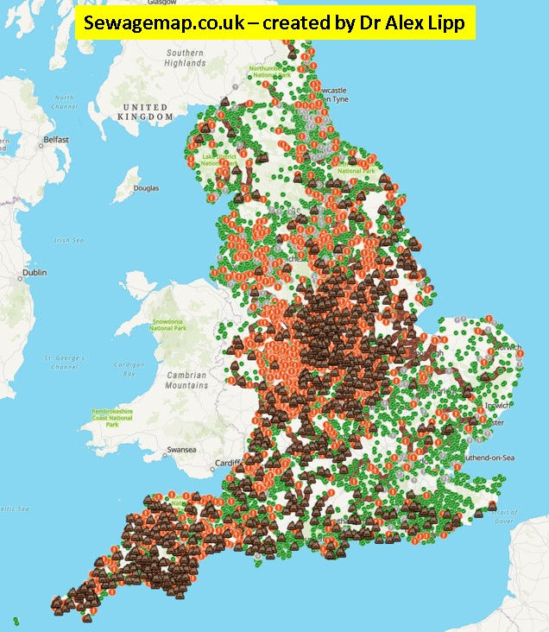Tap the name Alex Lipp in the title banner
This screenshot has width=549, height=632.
coord(426,25)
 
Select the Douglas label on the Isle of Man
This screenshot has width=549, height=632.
coord(146,187)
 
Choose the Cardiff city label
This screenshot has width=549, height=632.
coord(225,459)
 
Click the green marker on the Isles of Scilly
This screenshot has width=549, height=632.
coord(16,619)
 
